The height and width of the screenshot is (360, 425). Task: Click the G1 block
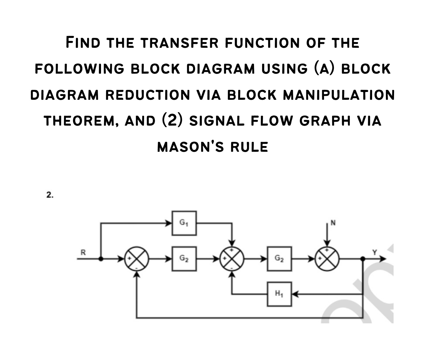click(184, 223)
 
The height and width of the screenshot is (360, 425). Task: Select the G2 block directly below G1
click(184, 258)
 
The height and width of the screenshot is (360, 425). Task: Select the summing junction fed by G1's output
click(232, 258)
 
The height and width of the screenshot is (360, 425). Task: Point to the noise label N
click(332, 223)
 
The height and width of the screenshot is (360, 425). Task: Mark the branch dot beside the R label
click(101, 258)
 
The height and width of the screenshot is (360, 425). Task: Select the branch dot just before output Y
click(363, 258)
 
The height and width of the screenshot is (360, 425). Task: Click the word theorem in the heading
click(80, 121)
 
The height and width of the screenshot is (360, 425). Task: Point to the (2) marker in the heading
click(172, 121)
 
